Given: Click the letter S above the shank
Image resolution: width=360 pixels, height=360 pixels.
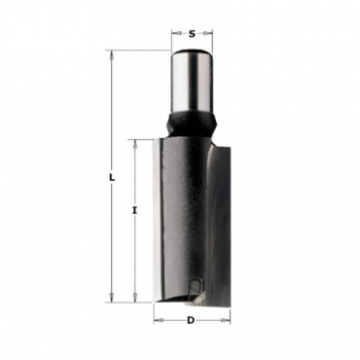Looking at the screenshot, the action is pos(192,33).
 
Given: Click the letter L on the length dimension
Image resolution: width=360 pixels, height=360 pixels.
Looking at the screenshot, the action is pos(112,178).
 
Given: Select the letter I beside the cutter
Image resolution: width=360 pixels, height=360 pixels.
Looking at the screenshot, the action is pos(135,211).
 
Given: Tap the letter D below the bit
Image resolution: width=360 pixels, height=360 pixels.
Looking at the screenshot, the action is pos(191,320).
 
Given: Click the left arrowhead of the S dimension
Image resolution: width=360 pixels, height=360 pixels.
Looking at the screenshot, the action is pos(176,33).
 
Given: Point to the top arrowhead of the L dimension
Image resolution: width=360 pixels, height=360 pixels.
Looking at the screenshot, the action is pos(112,54).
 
